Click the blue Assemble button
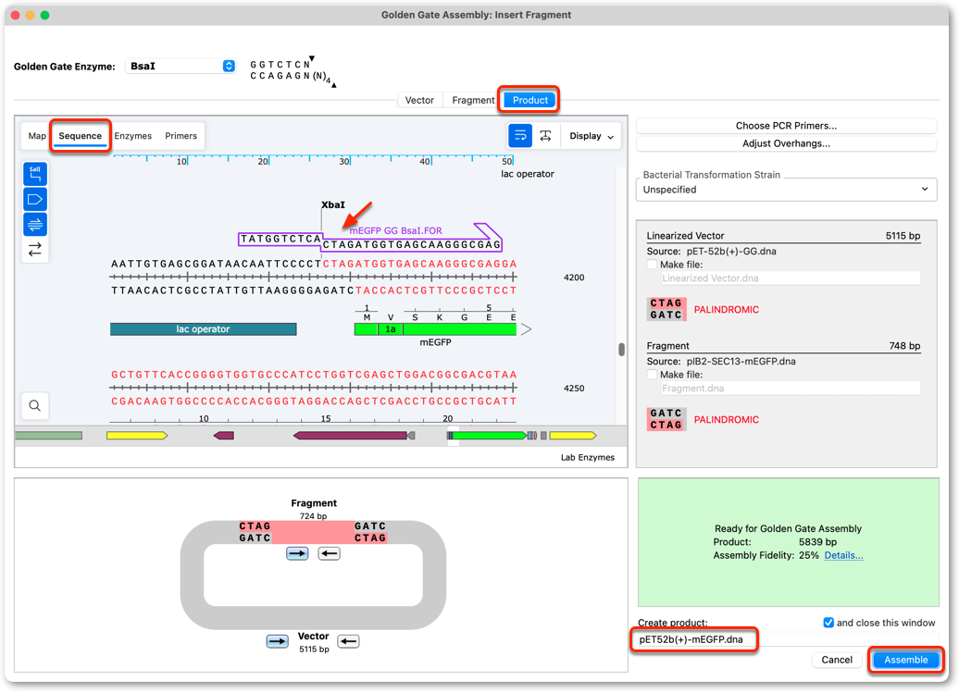tap(905, 660)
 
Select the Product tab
tap(529, 100)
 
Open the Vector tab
tap(419, 100)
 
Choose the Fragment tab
tap(473, 100)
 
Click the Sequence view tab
tap(81, 136)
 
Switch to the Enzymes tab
tap(132, 136)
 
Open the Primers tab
tap(181, 136)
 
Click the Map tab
tap(37, 136)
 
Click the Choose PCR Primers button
tap(786, 125)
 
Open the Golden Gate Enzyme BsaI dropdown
tap(181, 66)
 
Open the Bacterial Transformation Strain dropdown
tap(786, 190)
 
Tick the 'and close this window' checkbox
tap(828, 623)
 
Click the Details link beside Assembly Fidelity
tap(843, 555)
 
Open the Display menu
tap(592, 136)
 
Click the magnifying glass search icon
tap(35, 405)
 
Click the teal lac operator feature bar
tap(203, 328)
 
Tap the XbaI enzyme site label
tap(332, 204)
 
